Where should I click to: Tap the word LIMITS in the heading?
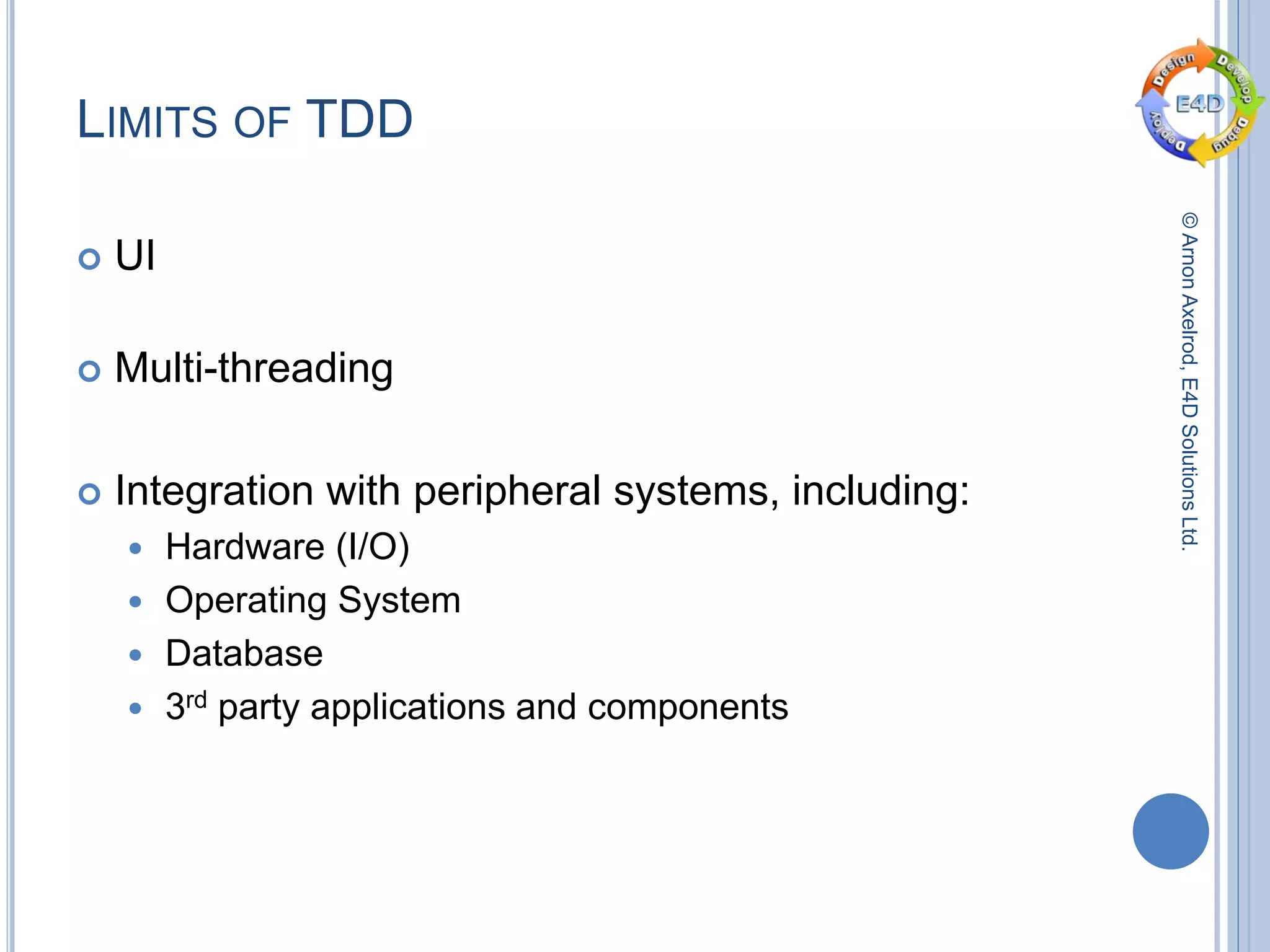point(147,120)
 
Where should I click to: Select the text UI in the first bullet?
point(135,255)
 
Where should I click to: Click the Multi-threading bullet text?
point(254,368)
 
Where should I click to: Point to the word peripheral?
point(507,491)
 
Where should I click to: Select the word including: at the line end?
point(881,491)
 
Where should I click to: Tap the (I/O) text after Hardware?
point(373,547)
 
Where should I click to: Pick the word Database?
point(244,654)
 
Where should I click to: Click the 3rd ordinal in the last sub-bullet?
point(185,706)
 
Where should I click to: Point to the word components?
point(688,707)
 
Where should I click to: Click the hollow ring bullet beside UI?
point(90,258)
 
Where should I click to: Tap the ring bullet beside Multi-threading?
point(90,371)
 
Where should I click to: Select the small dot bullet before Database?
point(136,655)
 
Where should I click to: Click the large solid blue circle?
point(1170,831)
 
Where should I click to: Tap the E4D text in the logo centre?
point(1200,104)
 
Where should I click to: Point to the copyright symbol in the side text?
point(1189,221)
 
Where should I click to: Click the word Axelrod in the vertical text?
point(1189,328)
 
